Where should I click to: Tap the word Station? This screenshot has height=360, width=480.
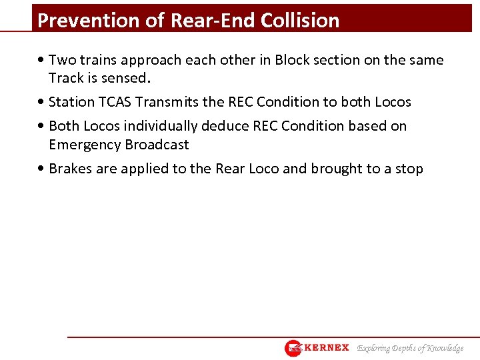coord(72,102)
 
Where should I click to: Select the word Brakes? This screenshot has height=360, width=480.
coord(71,169)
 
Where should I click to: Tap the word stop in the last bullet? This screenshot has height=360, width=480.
coord(409,169)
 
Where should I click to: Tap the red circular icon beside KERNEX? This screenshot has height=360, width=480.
coord(293,348)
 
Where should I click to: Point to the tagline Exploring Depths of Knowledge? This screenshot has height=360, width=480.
coord(410,348)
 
